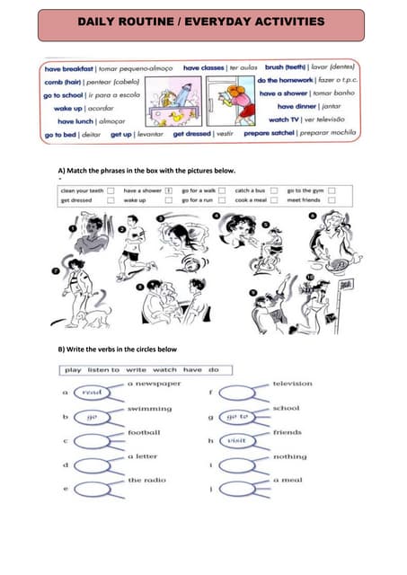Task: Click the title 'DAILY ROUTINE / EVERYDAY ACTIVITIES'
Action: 202,20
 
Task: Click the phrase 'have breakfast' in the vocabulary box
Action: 70,67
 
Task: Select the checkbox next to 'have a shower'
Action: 168,190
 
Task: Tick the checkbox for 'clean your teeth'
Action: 111,190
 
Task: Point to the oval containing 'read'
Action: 92,393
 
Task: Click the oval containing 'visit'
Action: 236,441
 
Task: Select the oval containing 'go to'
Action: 236,417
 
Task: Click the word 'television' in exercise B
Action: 293,384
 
